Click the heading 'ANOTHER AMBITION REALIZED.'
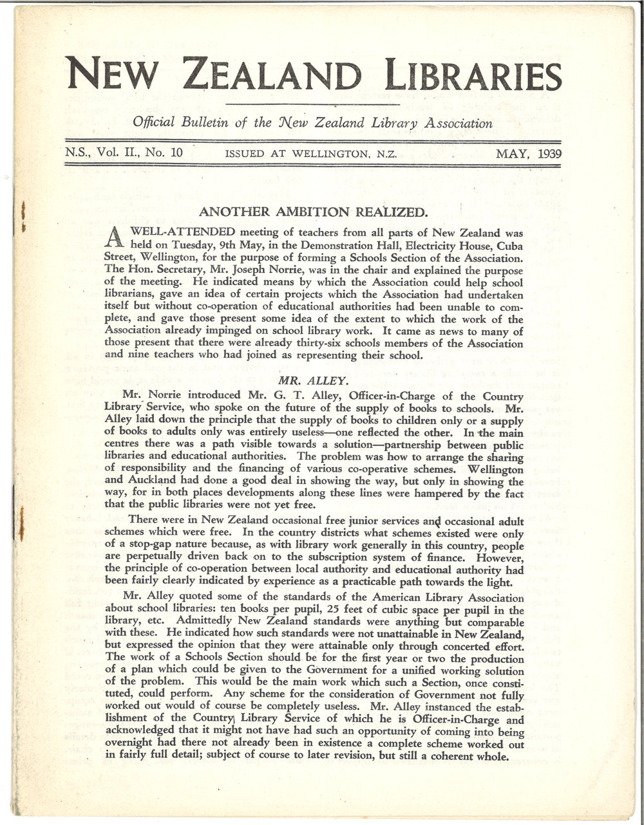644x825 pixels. pyautogui.click(x=312, y=211)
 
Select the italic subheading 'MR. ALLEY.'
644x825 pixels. pyautogui.click(x=314, y=371)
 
